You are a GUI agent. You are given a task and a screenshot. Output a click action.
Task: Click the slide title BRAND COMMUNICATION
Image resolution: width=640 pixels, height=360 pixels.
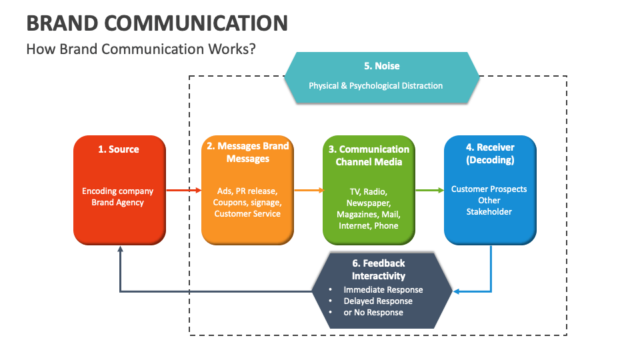[x=157, y=23]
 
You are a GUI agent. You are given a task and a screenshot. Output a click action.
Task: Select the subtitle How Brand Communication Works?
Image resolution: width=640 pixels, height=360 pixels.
[x=141, y=49]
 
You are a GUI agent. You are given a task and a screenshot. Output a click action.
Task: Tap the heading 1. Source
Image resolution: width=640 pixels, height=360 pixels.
[x=119, y=149]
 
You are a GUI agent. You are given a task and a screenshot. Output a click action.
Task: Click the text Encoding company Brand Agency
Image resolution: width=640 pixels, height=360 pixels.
[x=118, y=197]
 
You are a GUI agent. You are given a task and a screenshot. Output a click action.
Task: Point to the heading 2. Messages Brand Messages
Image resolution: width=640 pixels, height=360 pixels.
[x=248, y=152]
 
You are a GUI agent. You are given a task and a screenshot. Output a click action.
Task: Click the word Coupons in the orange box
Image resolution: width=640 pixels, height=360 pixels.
[x=229, y=202]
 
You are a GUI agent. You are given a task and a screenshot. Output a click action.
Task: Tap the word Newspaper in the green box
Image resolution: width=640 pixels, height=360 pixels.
[x=369, y=203]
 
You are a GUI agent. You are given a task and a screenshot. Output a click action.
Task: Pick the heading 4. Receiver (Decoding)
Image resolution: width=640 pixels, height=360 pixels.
[x=490, y=153]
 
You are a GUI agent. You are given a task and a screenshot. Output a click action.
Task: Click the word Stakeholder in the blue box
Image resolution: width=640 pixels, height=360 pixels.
[x=489, y=211]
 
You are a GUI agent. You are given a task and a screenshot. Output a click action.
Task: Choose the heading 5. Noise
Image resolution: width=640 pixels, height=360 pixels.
[x=382, y=66]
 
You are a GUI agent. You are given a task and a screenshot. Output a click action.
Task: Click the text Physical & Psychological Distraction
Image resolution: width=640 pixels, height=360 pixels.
[x=375, y=85]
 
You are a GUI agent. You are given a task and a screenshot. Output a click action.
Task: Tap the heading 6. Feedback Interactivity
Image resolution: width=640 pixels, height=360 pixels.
[x=379, y=269]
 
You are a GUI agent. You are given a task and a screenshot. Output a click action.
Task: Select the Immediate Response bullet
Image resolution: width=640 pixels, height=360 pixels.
[x=383, y=290]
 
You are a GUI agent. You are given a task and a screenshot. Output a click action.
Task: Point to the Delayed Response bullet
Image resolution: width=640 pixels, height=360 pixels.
[x=377, y=301]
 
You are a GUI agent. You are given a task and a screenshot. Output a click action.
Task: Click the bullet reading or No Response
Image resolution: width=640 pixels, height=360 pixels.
[x=373, y=313]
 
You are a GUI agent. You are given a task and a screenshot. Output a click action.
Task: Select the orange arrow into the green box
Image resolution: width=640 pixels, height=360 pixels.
[x=308, y=191]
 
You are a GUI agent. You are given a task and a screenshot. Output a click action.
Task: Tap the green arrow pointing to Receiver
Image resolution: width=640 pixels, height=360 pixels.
[x=429, y=191]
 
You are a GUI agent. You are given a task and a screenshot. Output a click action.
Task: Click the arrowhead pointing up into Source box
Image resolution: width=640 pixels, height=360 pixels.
[x=120, y=249]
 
